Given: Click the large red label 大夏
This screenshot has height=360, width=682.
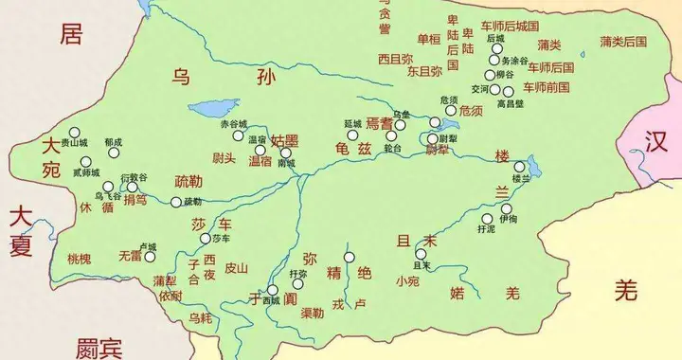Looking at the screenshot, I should tap(21, 227).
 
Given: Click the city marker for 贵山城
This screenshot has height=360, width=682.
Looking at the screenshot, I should tap(72, 134).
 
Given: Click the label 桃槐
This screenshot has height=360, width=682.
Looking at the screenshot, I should tap(81, 258).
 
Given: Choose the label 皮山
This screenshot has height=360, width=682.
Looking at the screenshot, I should tap(236, 268).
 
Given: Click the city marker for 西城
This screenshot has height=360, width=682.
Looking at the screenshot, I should tap(272, 290).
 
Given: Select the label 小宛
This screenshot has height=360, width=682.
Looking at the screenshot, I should tap(408, 280).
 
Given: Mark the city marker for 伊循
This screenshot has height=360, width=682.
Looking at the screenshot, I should tap(507, 208).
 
